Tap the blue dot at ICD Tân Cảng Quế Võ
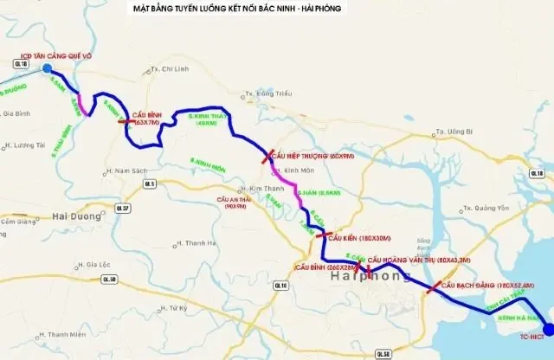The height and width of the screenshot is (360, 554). pyautogui.click(x=47, y=69)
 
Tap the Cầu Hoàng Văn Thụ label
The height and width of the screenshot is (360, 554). pyautogui.click(x=418, y=260)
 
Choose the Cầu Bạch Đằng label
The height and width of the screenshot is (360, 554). pyautogui.click(x=487, y=284)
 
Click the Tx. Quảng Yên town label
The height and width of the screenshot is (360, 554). pyautogui.click(x=484, y=208)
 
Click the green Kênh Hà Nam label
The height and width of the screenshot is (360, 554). pyautogui.click(x=518, y=318)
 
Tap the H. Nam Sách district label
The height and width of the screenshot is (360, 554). pyautogui.click(x=126, y=170)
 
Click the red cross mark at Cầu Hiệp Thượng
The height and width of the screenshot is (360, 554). pyautogui.click(x=267, y=157)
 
